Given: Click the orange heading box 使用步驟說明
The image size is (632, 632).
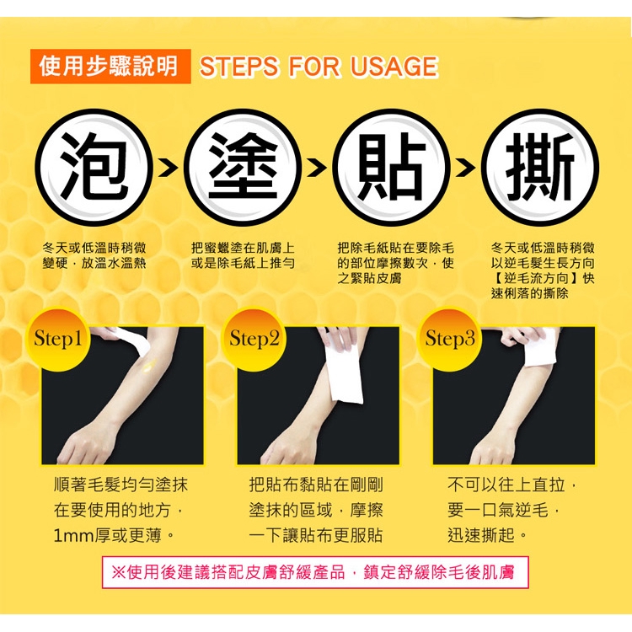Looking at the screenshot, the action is point(110,66).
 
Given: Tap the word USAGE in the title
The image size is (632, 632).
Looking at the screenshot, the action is point(394,67).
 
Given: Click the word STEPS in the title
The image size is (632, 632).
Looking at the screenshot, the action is point(239,67).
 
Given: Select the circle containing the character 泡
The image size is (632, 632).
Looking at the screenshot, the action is point(94,167).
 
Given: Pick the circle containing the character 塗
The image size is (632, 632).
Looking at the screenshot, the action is point(243,167).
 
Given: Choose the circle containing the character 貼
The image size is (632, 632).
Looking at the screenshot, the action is point(391,167).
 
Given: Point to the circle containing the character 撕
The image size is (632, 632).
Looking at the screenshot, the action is point(540,167).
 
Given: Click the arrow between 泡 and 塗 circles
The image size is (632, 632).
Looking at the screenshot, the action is point(168,168).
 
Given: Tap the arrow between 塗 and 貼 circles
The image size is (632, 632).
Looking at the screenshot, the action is point(317,168).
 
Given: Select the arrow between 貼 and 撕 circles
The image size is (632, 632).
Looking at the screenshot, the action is point(465,168).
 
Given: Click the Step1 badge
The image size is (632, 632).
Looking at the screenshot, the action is point(58,339).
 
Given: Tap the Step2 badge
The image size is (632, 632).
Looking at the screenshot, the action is point(254,339).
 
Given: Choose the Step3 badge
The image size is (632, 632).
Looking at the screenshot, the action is point(450,339).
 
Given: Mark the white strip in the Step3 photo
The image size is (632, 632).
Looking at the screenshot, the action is point(539,346).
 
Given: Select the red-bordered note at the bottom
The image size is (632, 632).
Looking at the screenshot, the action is point(315,572).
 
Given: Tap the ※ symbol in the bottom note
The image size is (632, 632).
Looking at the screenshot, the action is point(118,572).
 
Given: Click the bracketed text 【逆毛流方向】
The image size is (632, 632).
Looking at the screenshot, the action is point(536,279).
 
